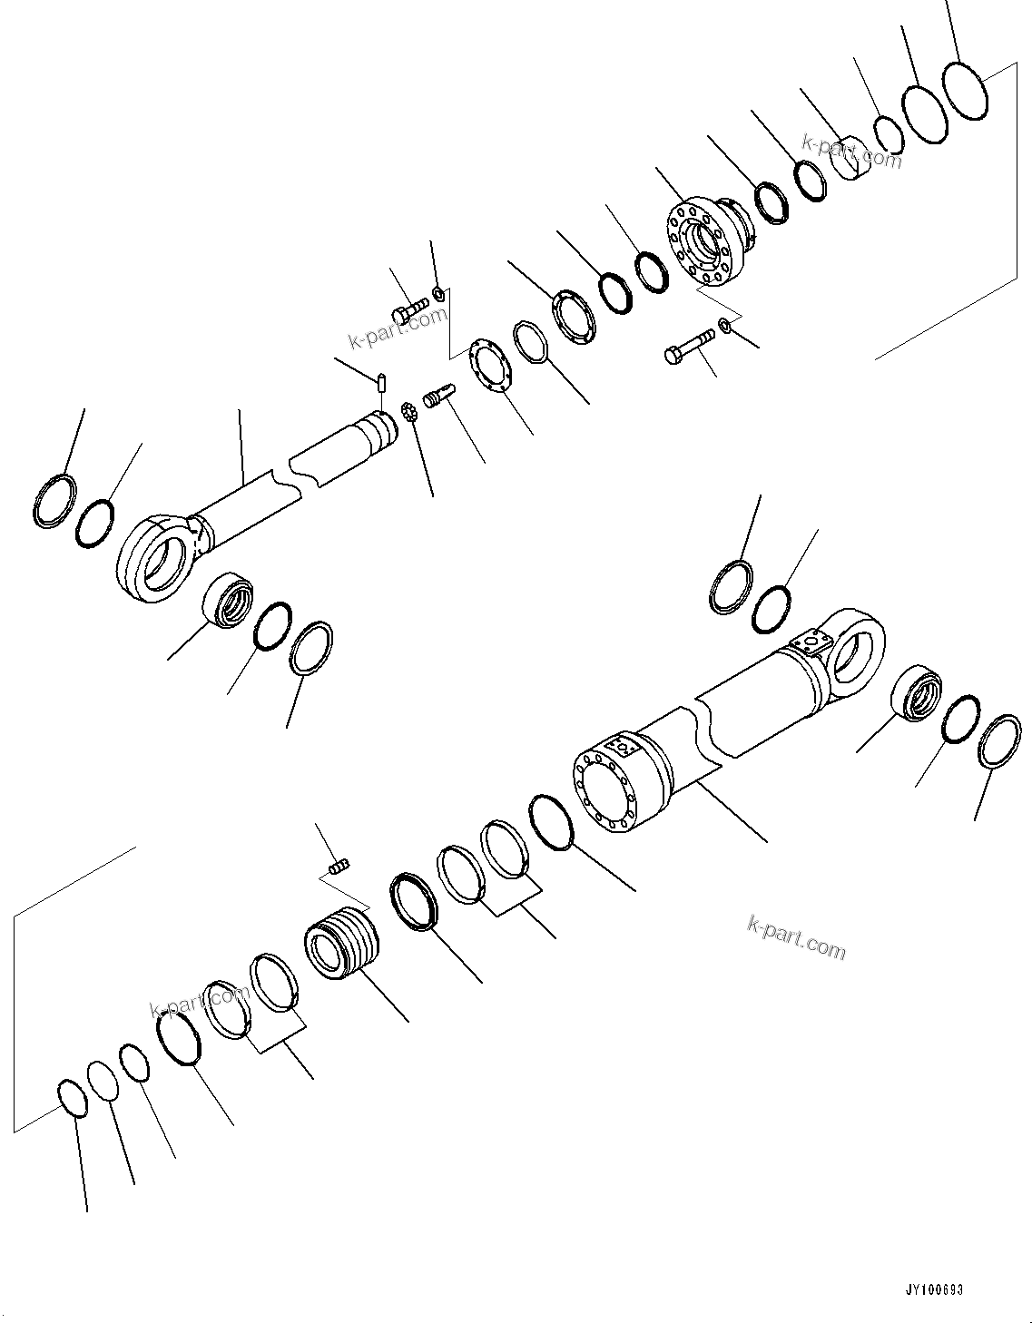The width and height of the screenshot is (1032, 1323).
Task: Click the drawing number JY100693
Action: (933, 1289)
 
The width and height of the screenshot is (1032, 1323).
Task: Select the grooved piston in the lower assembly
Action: (341, 945)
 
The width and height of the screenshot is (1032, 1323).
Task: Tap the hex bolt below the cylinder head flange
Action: (688, 348)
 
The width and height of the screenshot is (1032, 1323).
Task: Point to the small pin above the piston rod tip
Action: (383, 381)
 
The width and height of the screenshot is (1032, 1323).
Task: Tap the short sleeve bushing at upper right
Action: (853, 157)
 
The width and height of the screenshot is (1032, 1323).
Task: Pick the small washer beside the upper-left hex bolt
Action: (438, 293)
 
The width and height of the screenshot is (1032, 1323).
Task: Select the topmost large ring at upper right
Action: (965, 90)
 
